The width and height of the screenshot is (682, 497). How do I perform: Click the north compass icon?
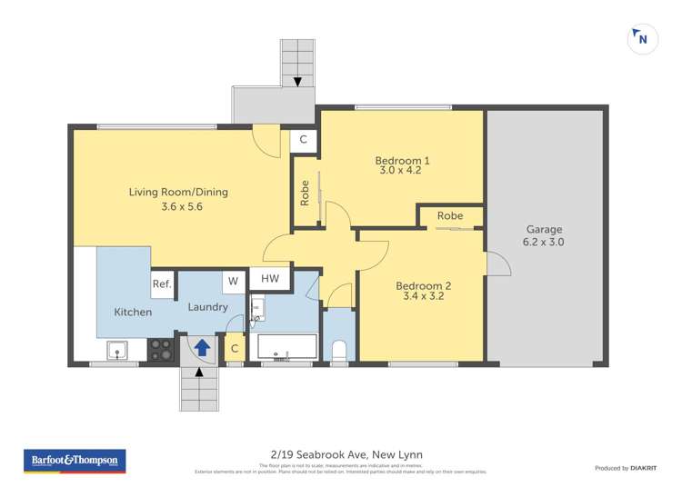click(642, 38)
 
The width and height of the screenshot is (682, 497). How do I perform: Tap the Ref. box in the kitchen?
click(162, 284)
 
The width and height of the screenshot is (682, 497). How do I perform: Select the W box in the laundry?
click(233, 281)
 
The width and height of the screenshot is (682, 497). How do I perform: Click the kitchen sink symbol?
click(115, 349)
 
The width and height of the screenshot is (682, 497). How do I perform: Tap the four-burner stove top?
click(161, 349)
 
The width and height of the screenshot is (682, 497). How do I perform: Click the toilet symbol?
click(340, 350)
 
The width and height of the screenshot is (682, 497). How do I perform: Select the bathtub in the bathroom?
click(286, 347)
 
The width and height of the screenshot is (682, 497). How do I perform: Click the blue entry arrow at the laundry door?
click(202, 346)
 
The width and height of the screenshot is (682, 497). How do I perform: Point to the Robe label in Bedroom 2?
click(449, 216)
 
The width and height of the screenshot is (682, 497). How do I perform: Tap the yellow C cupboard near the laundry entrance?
click(235, 348)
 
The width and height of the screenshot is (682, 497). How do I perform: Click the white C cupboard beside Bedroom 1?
click(304, 141)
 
